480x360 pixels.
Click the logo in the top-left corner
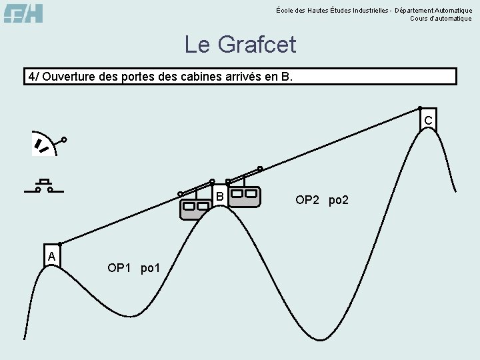tap(23, 13)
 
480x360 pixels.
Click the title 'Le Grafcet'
tap(240, 45)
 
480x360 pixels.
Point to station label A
tap(51, 256)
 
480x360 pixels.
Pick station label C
tap(428, 120)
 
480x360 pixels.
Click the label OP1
tap(120, 268)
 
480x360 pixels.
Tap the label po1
tap(151, 268)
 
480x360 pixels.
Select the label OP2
tap(307, 200)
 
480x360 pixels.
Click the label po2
tap(339, 200)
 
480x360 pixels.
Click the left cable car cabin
tap(195, 209)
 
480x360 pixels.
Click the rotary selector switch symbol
tap(47, 144)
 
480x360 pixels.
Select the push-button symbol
tap(44, 186)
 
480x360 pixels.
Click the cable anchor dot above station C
tap(420, 107)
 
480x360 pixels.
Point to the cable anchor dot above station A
tap(60, 244)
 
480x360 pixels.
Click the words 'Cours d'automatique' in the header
tap(441, 19)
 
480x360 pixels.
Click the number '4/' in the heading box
tap(33, 76)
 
